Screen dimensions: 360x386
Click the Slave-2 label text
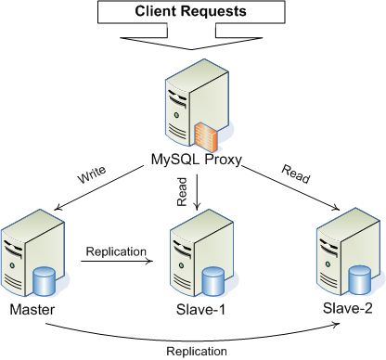tap(349, 307)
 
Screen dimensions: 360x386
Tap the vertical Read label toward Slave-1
tap(182, 193)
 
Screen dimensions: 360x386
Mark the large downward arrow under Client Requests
tap(193, 37)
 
